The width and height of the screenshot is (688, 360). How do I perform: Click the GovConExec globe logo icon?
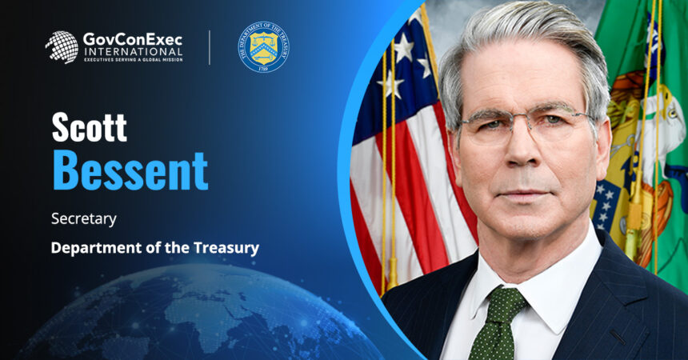62,47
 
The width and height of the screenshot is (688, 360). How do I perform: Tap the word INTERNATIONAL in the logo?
133,52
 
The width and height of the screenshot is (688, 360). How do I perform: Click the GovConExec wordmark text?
132,38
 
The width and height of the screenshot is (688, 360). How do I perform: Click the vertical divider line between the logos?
210,47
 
